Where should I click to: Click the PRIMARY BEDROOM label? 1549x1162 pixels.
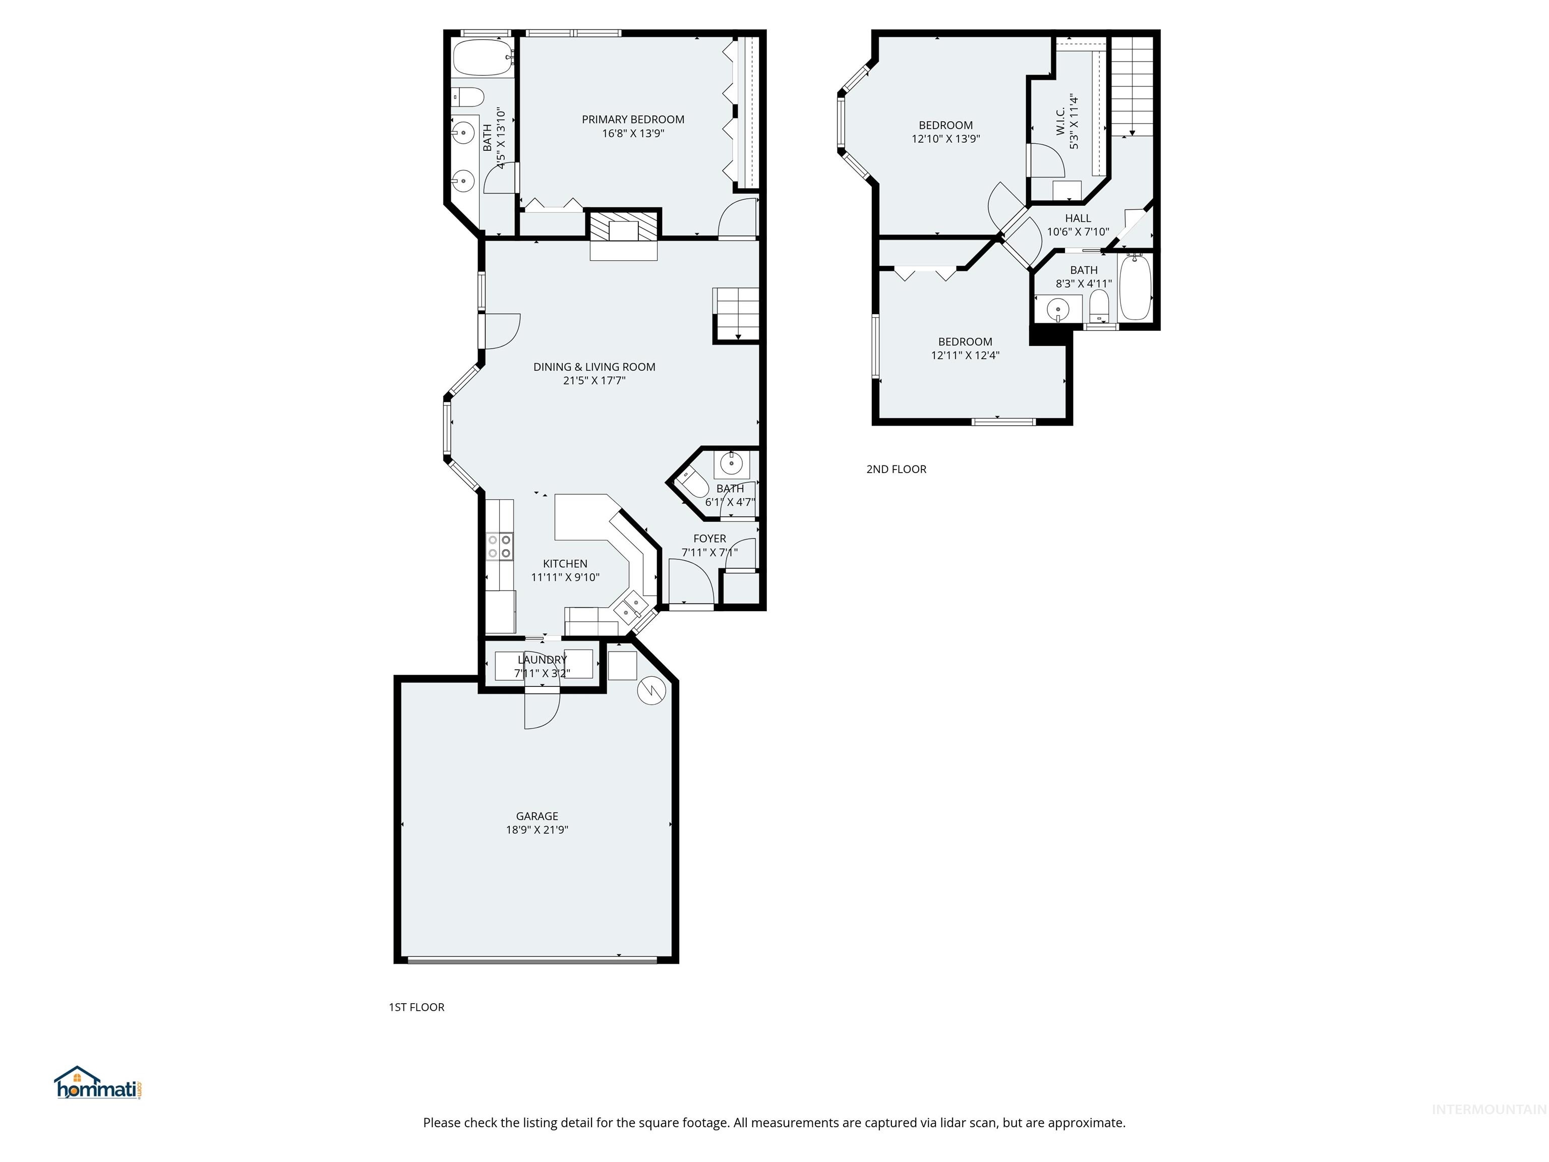(x=632, y=120)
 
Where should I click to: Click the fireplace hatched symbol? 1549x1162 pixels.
(x=624, y=227)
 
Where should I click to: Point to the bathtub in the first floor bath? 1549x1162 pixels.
(x=482, y=57)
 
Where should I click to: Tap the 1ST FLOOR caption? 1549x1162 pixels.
(x=416, y=1007)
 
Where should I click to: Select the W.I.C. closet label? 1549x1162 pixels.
(x=1060, y=121)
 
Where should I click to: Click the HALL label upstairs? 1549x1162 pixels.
(x=1078, y=218)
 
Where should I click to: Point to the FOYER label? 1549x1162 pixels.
(x=709, y=539)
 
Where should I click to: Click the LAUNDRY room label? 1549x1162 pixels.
(x=542, y=660)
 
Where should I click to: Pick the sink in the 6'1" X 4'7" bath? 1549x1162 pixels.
(x=731, y=463)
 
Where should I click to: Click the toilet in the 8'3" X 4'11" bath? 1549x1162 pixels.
(x=1099, y=306)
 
